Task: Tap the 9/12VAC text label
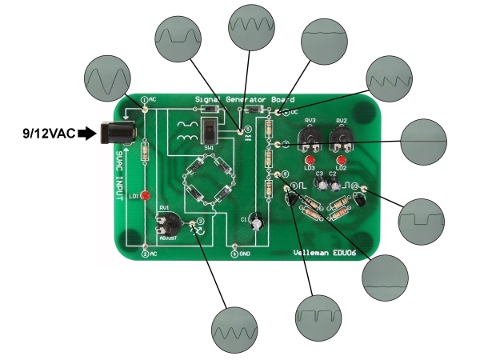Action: pyautogui.click(x=48, y=134)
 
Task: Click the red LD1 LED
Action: pyautogui.click(x=145, y=194)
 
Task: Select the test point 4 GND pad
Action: pyautogui.click(x=234, y=254)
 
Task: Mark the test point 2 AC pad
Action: pyautogui.click(x=145, y=254)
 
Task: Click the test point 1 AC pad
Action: pyautogui.click(x=145, y=100)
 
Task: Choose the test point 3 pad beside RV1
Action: pyautogui.click(x=201, y=221)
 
